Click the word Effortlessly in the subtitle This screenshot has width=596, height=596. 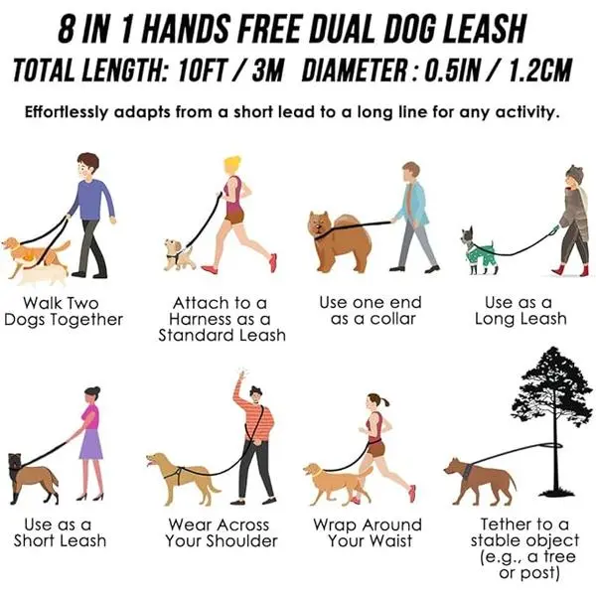(67, 112)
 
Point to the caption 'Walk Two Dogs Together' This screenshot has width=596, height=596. (64, 311)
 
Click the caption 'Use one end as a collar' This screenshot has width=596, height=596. (371, 311)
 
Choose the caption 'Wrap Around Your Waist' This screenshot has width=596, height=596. (368, 532)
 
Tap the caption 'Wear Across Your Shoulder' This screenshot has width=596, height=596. (222, 532)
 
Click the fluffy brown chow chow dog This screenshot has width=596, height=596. (340, 240)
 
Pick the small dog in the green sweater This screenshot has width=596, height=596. (478, 250)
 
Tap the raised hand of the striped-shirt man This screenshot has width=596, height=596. (241, 373)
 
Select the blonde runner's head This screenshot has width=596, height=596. (232, 165)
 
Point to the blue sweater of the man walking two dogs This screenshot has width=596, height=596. (93, 200)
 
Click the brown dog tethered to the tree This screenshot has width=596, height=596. (481, 481)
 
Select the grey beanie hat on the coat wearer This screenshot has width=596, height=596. (574, 174)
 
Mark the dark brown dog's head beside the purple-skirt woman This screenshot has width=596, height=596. (15, 462)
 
